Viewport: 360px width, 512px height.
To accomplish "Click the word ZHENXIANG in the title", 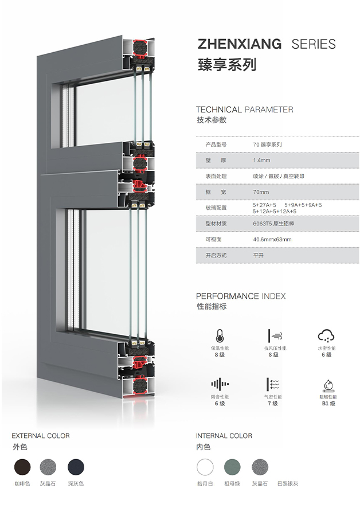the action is click(240, 44).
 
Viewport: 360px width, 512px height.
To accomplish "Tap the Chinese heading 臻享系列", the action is click(227, 64).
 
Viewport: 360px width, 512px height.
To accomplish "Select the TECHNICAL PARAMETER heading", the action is click(244, 110).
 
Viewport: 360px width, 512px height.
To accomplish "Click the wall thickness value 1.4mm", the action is click(261, 161).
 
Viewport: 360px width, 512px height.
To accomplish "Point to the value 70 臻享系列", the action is click(267, 144).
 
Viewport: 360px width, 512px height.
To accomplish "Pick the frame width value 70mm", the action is click(261, 192).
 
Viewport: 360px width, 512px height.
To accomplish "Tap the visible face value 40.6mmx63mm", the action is click(272, 239).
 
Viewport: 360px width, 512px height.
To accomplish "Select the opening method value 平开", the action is click(258, 255).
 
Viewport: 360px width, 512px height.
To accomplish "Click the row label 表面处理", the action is click(216, 177).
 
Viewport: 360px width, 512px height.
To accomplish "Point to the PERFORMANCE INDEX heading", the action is click(241, 296).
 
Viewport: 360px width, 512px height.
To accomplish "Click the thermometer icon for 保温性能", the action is click(220, 336).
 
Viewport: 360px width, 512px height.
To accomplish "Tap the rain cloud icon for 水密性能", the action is click(326, 336).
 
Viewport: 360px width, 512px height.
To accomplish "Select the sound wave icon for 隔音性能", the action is click(220, 384).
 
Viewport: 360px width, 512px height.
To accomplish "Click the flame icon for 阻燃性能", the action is click(328, 386).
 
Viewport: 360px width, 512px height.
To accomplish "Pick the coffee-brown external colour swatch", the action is click(22, 467).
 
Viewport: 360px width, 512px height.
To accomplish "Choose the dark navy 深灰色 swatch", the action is click(76, 467).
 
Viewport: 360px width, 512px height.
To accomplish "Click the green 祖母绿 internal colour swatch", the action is click(232, 467).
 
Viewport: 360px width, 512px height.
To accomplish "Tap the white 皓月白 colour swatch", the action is click(205, 467).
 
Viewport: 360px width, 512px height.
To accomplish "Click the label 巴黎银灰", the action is click(288, 483).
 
